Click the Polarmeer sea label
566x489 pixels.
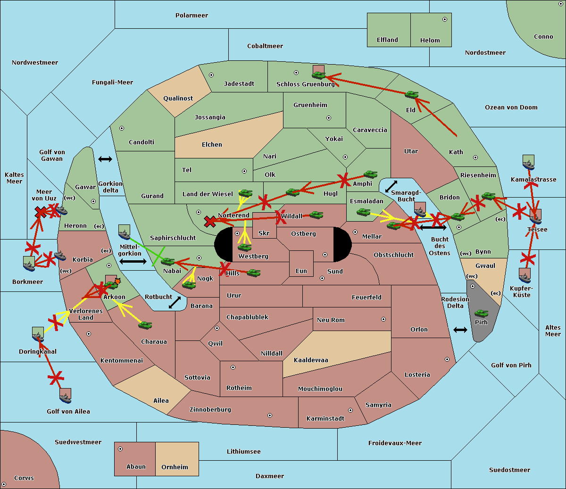pyautogui.click(x=191, y=16)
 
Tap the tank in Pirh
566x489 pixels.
pyautogui.click(x=481, y=313)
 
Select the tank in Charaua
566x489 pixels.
pyautogui.click(x=145, y=325)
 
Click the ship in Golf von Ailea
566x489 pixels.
pyautogui.click(x=66, y=398)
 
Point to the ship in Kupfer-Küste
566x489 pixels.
pyautogui.click(x=524, y=277)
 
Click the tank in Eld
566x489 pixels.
pyautogui.click(x=412, y=95)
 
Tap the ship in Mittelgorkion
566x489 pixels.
pyautogui.click(x=125, y=234)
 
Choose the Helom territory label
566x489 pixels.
pyautogui.click(x=430, y=40)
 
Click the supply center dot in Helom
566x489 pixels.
pyautogui.click(x=445, y=19)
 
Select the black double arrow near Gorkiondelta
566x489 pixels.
pyautogui.click(x=105, y=159)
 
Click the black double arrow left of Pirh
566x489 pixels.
pyautogui.click(x=460, y=330)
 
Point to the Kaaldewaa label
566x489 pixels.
pyautogui.click(x=311, y=360)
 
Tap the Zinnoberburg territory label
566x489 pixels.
pyautogui.click(x=210, y=409)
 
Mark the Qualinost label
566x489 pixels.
pyautogui.click(x=178, y=98)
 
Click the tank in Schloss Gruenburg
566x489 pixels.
pyautogui.click(x=319, y=75)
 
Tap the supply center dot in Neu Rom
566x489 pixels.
pyautogui.click(x=383, y=319)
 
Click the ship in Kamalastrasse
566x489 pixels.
pyautogui.click(x=528, y=164)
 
